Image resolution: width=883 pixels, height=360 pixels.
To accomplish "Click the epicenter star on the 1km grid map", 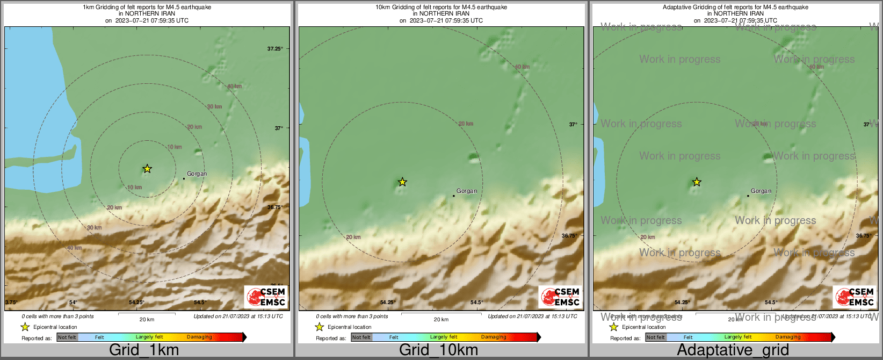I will pyautogui.click(x=147, y=169).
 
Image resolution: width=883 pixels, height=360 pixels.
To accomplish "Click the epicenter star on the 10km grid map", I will pyautogui.click(x=402, y=182).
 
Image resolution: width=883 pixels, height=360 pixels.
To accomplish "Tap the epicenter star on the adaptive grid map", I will pyautogui.click(x=696, y=182).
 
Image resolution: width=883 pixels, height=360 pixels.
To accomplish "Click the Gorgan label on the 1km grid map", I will pyautogui.click(x=197, y=174).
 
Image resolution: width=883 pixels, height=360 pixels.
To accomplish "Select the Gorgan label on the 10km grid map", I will pyautogui.click(x=466, y=191).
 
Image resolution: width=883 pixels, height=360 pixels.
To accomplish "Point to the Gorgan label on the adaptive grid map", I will pyautogui.click(x=761, y=191).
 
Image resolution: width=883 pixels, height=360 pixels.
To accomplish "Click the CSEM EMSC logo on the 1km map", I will pyautogui.click(x=266, y=297).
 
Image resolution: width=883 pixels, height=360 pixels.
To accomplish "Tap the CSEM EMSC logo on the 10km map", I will pyautogui.click(x=560, y=297).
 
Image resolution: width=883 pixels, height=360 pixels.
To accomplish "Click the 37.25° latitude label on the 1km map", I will pyautogui.click(x=275, y=49).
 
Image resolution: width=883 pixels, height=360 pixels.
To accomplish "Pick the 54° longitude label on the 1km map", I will pyautogui.click(x=73, y=303).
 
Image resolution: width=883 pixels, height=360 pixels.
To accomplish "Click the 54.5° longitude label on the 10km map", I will pyautogui.click(x=476, y=303).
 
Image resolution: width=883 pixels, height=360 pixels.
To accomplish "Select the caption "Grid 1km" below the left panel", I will pyautogui.click(x=144, y=350).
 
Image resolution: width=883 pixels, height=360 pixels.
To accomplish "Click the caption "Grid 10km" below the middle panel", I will pyautogui.click(x=438, y=350).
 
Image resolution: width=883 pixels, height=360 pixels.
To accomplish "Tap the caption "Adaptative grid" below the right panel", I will pyautogui.click(x=733, y=350).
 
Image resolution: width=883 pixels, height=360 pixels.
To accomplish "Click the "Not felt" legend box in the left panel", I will pyautogui.click(x=67, y=337).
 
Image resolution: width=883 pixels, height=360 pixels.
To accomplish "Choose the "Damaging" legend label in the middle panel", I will pyautogui.click(x=494, y=337).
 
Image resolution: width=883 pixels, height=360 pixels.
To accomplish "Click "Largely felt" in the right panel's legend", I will pyautogui.click(x=738, y=337).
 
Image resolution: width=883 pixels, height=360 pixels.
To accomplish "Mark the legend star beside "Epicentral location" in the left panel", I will pyautogui.click(x=25, y=327).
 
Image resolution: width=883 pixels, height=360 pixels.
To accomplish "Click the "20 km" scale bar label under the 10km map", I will pyautogui.click(x=441, y=320).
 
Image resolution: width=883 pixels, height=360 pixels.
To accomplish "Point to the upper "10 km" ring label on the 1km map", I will pyautogui.click(x=175, y=147).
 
